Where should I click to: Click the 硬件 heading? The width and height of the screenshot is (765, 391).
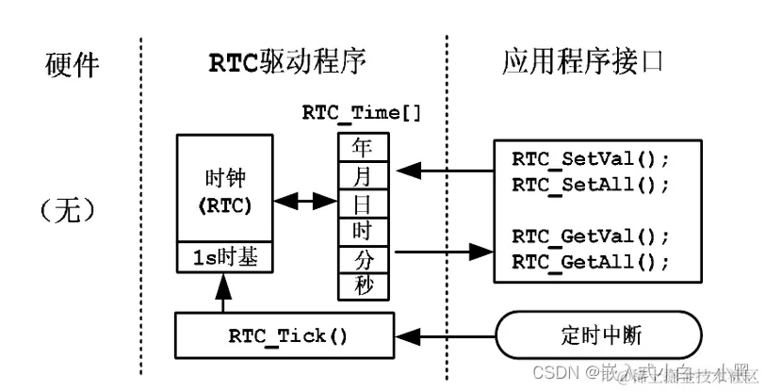pyautogui.click(x=73, y=64)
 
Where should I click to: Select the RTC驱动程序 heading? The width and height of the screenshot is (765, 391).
pyautogui.click(x=286, y=62)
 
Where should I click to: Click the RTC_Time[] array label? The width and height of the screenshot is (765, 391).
pyautogui.click(x=362, y=113)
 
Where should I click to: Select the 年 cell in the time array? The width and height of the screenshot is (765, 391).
pyautogui.click(x=362, y=148)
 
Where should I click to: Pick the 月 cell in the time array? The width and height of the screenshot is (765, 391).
pyautogui.click(x=362, y=175)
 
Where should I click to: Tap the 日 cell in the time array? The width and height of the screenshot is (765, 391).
pyautogui.click(x=362, y=203)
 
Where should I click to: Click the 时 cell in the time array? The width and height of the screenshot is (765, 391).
pyautogui.click(x=362, y=230)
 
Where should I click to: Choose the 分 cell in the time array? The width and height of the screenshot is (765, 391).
pyautogui.click(x=362, y=257)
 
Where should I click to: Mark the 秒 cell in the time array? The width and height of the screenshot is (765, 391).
pyautogui.click(x=362, y=285)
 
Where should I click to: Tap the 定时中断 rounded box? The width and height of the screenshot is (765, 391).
pyautogui.click(x=598, y=335)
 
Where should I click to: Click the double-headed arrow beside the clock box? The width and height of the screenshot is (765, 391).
pyautogui.click(x=303, y=201)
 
